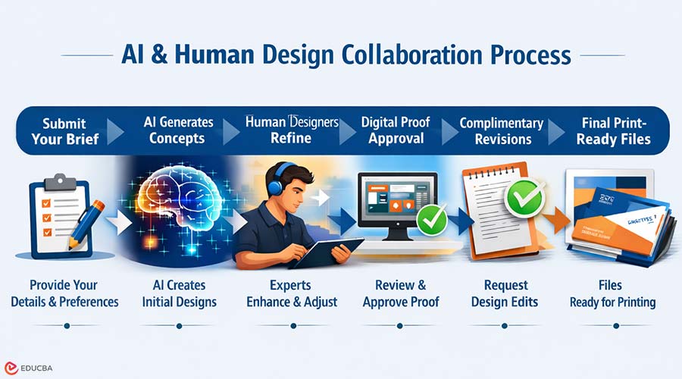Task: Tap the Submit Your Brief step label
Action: pyautogui.click(x=64, y=130)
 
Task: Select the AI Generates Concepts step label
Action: pyautogui.click(x=178, y=130)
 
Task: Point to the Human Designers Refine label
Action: pyautogui.click(x=291, y=130)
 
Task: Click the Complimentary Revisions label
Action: pyautogui.click(x=502, y=130)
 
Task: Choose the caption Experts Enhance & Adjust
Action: pyautogui.click(x=292, y=293)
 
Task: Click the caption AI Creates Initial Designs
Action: pyautogui.click(x=179, y=293)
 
